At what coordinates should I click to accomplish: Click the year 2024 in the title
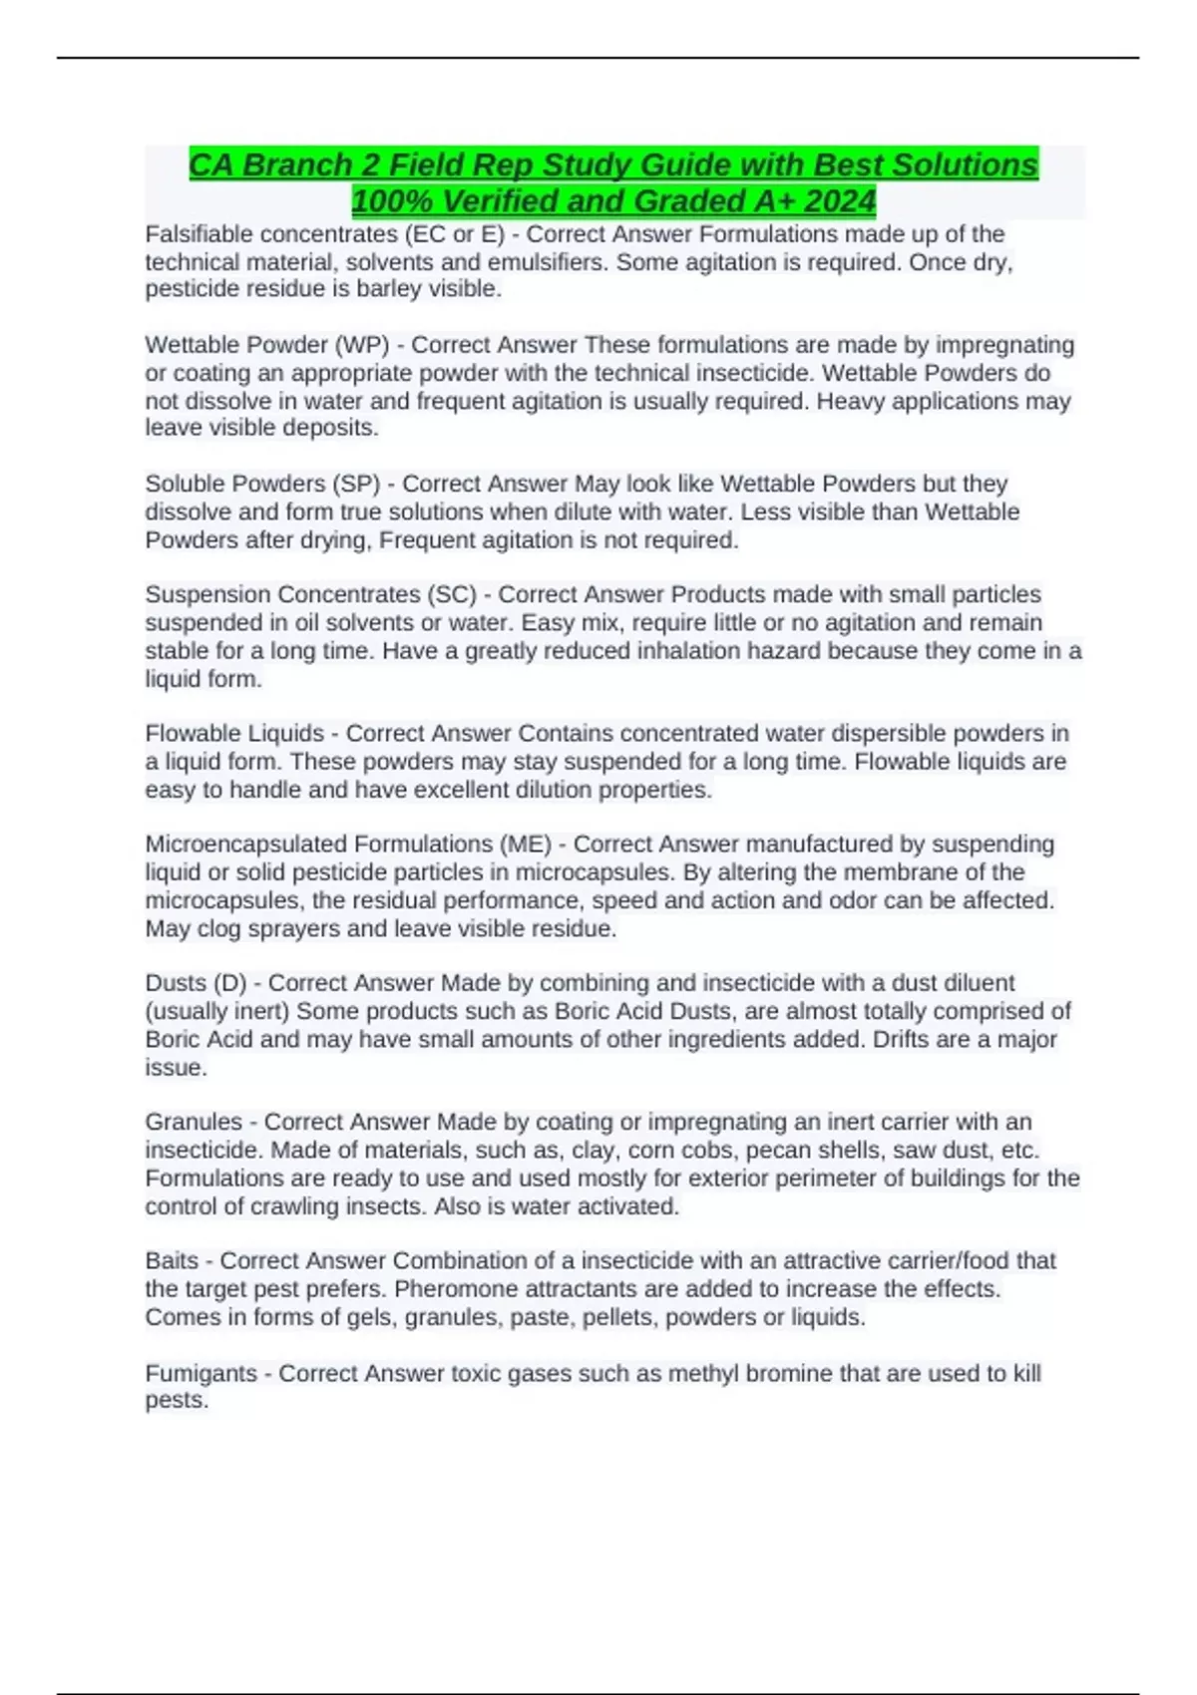click(839, 201)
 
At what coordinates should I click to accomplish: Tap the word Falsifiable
click(202, 234)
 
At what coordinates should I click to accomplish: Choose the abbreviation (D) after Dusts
click(229, 983)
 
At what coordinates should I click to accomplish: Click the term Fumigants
click(200, 1374)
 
